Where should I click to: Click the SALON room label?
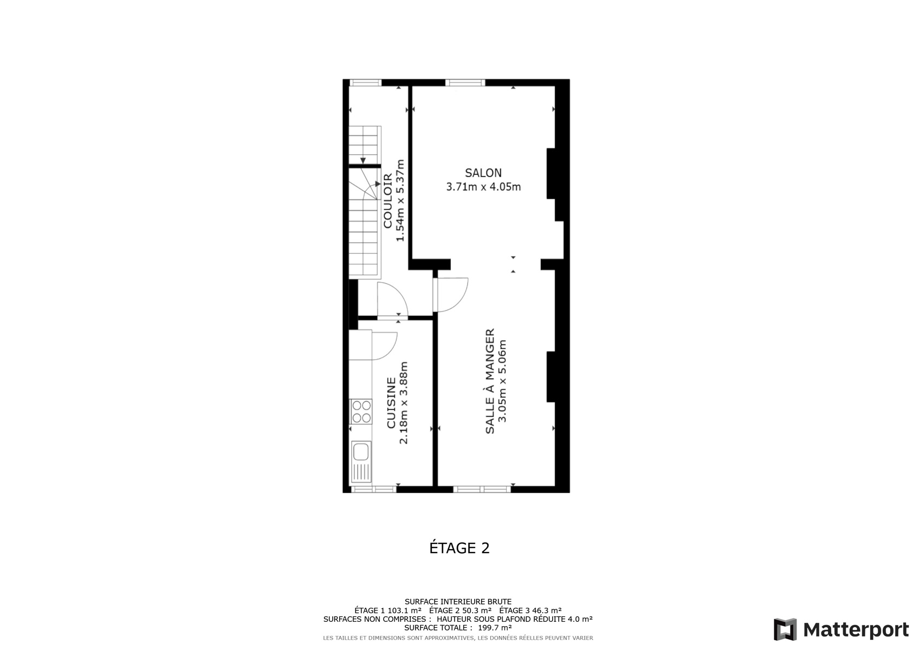click(x=483, y=173)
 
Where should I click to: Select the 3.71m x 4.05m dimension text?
click(x=483, y=187)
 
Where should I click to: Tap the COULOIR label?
click(x=388, y=200)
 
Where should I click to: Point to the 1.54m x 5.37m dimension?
click(x=400, y=200)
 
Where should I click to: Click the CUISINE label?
click(x=391, y=402)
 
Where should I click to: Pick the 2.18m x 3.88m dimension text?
click(x=404, y=402)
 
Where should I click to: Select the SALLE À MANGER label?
click(x=490, y=381)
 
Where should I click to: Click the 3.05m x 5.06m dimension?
click(x=502, y=381)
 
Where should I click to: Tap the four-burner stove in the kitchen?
click(x=361, y=411)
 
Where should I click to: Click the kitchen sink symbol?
click(x=361, y=461)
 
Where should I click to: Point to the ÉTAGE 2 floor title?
click(x=459, y=548)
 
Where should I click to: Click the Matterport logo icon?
click(x=785, y=629)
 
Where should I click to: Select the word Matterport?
click(x=856, y=630)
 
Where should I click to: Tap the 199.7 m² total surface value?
click(x=495, y=628)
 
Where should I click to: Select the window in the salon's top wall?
click(x=465, y=82)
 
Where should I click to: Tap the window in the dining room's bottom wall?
click(x=482, y=489)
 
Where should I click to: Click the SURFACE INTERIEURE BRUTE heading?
click(x=458, y=602)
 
